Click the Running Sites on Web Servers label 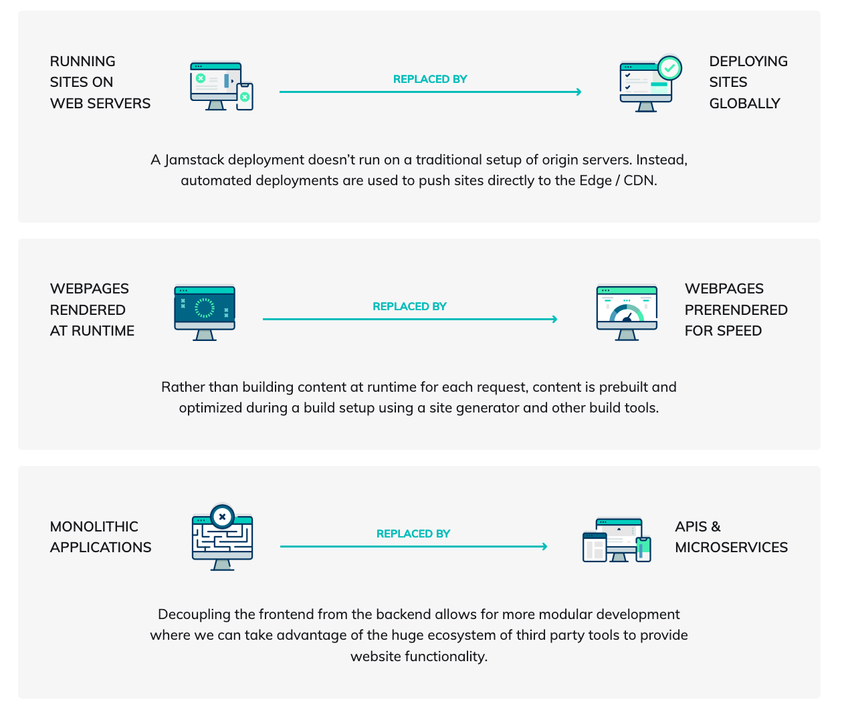(x=100, y=82)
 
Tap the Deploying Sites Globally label (x=748, y=82)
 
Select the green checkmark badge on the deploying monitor (x=669, y=68)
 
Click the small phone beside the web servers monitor (x=245, y=96)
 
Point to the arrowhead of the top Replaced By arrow (x=578, y=92)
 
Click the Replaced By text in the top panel (x=430, y=79)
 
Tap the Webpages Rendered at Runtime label (x=92, y=310)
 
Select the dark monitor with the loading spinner (x=205, y=312)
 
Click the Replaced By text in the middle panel (x=409, y=306)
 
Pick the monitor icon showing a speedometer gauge (x=627, y=312)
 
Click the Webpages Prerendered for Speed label (x=736, y=310)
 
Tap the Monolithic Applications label (x=100, y=537)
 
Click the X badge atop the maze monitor (x=222, y=516)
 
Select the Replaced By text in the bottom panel (x=413, y=533)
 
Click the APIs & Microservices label (x=731, y=537)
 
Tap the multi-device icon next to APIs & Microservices (x=617, y=540)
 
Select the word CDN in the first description (x=639, y=181)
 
